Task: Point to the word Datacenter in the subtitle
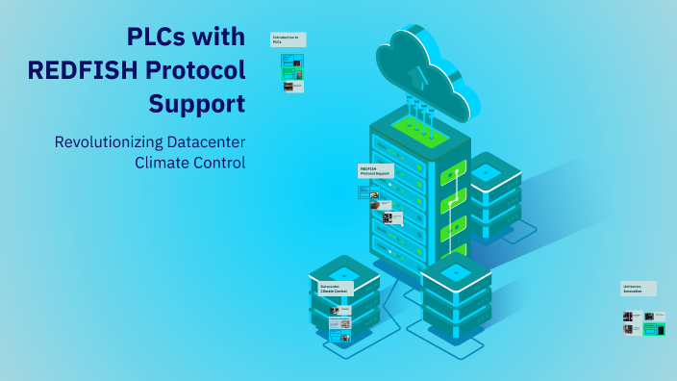point(206,141)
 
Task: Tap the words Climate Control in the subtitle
point(191,162)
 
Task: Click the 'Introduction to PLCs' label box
point(288,39)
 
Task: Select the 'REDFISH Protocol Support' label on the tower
point(375,171)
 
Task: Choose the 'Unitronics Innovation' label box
point(638,289)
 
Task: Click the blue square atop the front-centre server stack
point(457,271)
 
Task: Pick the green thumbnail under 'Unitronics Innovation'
point(655,329)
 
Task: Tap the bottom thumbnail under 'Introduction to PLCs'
point(293,86)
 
